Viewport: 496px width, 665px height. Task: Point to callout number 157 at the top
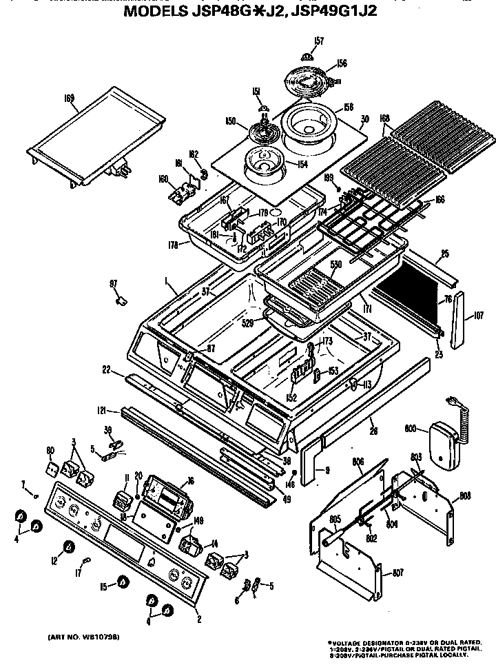pyautogui.click(x=318, y=41)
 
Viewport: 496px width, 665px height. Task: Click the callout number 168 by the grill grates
pyautogui.click(x=385, y=119)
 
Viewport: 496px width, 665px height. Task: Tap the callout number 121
pyautogui.click(x=102, y=411)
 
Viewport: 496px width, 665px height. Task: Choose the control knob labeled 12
pyautogui.click(x=69, y=547)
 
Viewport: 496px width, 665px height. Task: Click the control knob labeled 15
pyautogui.click(x=122, y=582)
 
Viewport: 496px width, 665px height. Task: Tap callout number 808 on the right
pyautogui.click(x=465, y=495)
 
